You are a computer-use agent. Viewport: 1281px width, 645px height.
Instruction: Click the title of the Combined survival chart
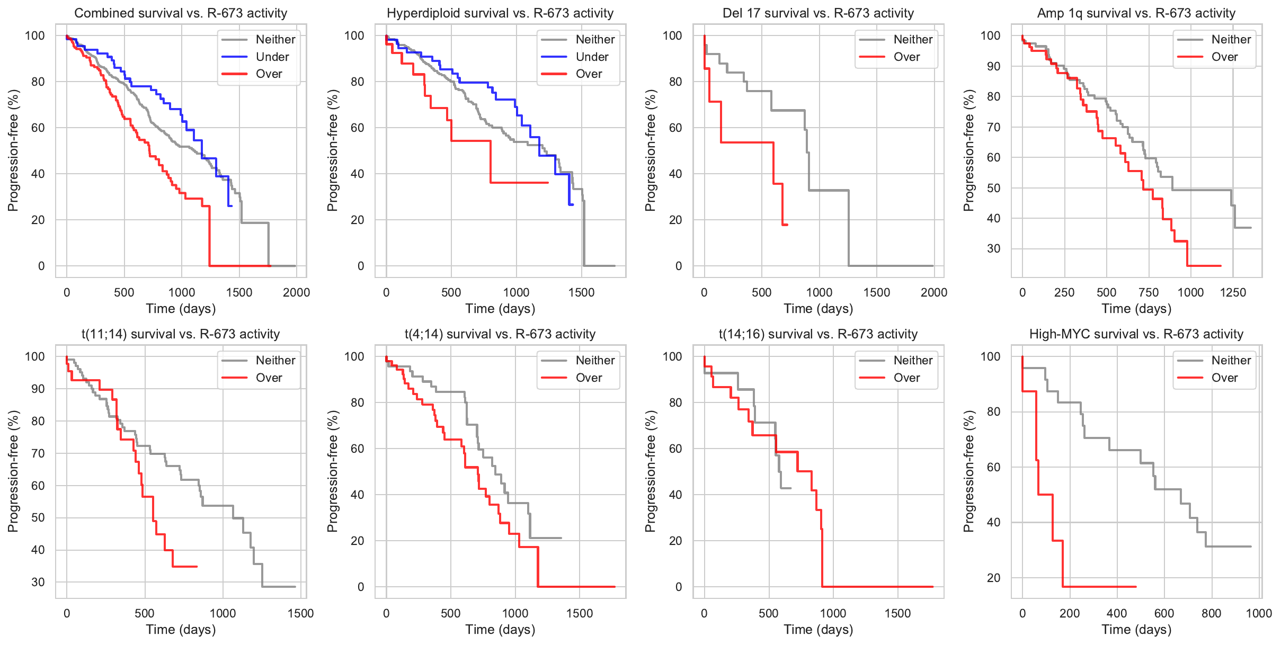click(x=181, y=13)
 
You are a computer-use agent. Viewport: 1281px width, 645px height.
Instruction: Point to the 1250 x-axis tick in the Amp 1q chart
click(x=1233, y=293)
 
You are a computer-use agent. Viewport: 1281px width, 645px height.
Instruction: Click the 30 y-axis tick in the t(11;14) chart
click(x=38, y=582)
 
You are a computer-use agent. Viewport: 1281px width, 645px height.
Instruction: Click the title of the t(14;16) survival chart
click(x=818, y=334)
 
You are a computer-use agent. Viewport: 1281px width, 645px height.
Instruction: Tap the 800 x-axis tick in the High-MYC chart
click(x=1211, y=614)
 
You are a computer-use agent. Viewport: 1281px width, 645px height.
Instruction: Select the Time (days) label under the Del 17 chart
click(x=818, y=309)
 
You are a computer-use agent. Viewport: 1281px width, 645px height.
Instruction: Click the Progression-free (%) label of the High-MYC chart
click(x=969, y=471)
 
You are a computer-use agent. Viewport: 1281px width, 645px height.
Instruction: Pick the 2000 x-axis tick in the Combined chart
click(x=296, y=293)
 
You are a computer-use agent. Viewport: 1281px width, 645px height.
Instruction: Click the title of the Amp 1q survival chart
click(x=1136, y=13)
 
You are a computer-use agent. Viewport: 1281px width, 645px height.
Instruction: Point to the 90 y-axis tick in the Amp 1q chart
click(x=990, y=66)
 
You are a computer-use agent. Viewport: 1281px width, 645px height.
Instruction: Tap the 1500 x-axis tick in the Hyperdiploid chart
click(x=581, y=293)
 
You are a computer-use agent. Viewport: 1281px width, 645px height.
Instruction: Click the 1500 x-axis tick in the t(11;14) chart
click(x=300, y=614)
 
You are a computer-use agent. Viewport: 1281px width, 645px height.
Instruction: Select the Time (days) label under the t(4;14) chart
click(x=500, y=630)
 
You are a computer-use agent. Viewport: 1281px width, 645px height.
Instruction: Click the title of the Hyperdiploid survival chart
click(x=500, y=13)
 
